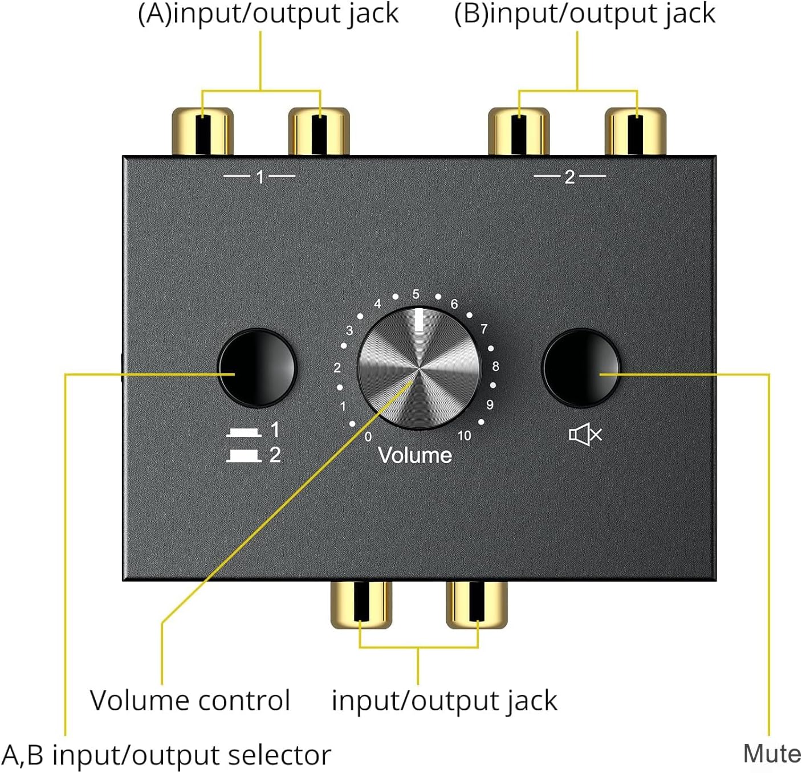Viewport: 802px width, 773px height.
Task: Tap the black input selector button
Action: click(x=257, y=367)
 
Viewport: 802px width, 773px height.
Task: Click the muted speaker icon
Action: click(x=585, y=436)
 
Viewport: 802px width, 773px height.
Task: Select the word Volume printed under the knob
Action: click(x=415, y=455)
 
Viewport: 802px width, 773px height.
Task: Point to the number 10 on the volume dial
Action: click(x=465, y=436)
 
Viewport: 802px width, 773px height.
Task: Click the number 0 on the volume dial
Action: click(x=368, y=436)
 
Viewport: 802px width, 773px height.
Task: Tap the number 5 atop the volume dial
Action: click(x=416, y=294)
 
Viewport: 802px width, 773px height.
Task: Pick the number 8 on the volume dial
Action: click(x=495, y=366)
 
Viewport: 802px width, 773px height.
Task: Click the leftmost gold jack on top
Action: click(x=203, y=131)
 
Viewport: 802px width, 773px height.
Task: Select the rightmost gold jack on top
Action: click(x=635, y=131)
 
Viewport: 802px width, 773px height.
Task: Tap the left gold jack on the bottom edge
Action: click(x=361, y=604)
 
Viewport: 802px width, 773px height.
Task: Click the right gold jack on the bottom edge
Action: click(x=477, y=604)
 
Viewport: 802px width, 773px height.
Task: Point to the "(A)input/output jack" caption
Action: click(x=268, y=14)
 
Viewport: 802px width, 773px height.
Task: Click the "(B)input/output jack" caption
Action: click(x=584, y=14)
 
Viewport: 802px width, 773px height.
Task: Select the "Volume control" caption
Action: click(x=190, y=700)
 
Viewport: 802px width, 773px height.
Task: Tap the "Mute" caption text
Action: click(x=772, y=754)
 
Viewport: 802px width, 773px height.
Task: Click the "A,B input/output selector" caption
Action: click(x=166, y=755)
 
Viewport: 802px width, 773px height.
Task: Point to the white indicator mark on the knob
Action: click(x=420, y=320)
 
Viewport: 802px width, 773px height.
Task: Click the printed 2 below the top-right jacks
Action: click(x=569, y=177)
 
